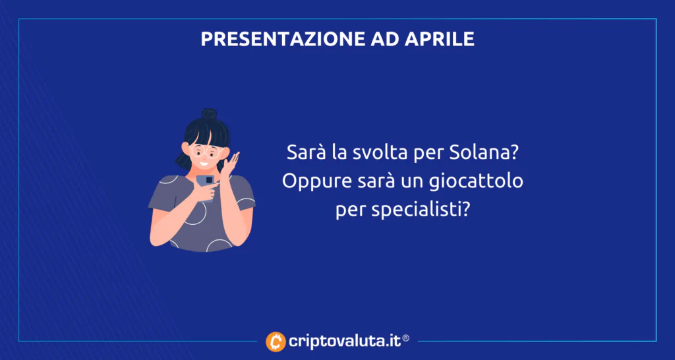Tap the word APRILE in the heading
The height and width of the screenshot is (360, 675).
[440, 39]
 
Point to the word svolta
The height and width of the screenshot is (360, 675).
[372, 154]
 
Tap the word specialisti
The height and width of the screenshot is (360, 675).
[419, 211]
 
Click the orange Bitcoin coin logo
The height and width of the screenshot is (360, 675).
[276, 342]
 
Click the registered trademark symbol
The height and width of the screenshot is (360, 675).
[405, 338]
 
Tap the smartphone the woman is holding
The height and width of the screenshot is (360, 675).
[206, 186]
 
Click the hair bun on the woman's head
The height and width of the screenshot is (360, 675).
[209, 114]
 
